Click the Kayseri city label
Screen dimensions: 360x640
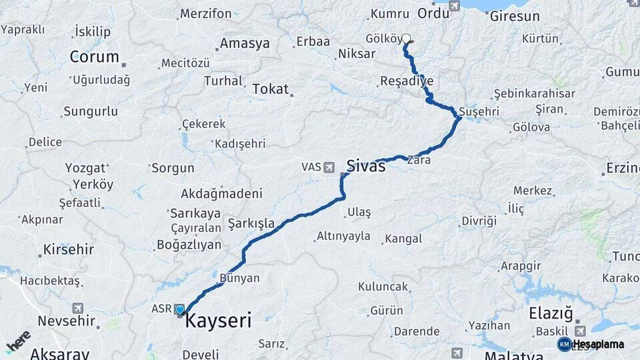(x=218, y=321)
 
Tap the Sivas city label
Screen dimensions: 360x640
(x=365, y=166)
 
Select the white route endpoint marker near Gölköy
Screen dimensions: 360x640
(x=406, y=39)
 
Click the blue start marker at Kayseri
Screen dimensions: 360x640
(x=179, y=309)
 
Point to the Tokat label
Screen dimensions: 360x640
(x=270, y=89)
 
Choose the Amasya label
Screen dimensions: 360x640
(x=245, y=44)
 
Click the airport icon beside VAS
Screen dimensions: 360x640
(x=329, y=167)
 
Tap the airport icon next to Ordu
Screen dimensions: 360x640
(x=455, y=6)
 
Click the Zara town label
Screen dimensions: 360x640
(x=419, y=160)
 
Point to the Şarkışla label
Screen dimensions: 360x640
(x=251, y=223)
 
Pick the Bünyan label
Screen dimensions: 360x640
(x=239, y=277)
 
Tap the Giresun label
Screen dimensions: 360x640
(x=515, y=16)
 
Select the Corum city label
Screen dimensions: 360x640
(x=94, y=57)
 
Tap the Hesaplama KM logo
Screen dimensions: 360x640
(x=591, y=344)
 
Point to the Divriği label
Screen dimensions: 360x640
(x=479, y=221)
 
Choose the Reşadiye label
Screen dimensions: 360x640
(x=406, y=81)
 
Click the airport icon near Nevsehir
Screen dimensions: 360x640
(x=79, y=308)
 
